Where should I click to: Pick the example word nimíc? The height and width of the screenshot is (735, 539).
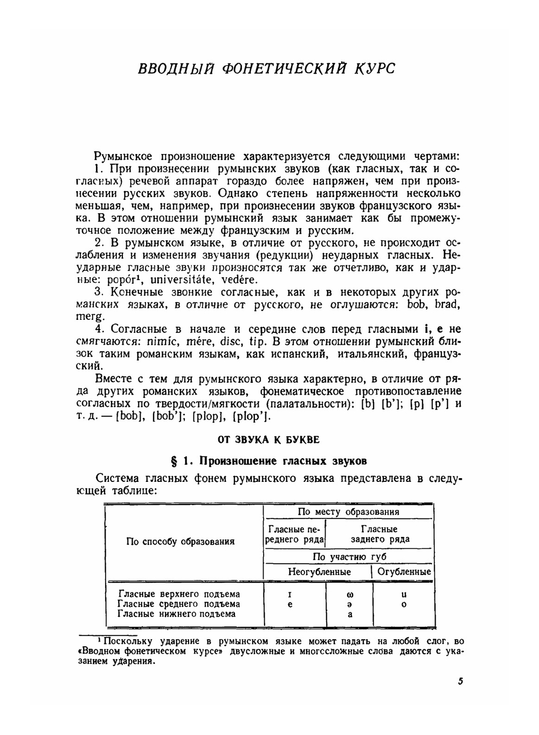(x=162, y=342)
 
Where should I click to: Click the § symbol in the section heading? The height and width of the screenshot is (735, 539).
(x=174, y=461)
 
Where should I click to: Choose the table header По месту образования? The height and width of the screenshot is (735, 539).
(x=348, y=512)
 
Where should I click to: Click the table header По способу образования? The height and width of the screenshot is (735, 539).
(x=180, y=542)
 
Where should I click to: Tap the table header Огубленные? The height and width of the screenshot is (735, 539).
(x=404, y=572)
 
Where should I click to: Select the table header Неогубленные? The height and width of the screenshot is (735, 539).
(x=319, y=572)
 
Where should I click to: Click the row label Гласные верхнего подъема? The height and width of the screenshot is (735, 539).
(x=179, y=594)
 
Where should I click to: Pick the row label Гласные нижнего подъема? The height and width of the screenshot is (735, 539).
(x=176, y=614)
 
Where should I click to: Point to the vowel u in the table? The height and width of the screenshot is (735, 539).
(x=404, y=594)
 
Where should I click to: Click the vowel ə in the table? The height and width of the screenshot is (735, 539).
(x=350, y=605)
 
